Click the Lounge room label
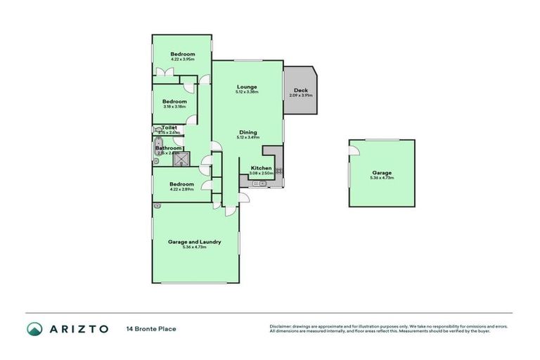(247, 86)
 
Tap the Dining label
(247, 132)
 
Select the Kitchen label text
(261, 168)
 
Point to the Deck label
(300, 90)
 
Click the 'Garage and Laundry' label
(194, 242)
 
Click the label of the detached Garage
(382, 173)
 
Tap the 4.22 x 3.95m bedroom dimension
(182, 60)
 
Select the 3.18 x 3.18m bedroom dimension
(174, 107)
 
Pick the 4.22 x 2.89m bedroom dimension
(182, 189)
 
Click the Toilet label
(169, 127)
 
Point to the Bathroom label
(169, 148)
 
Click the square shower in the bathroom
(182, 158)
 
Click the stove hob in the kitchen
(278, 171)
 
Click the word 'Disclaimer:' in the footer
(283, 326)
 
